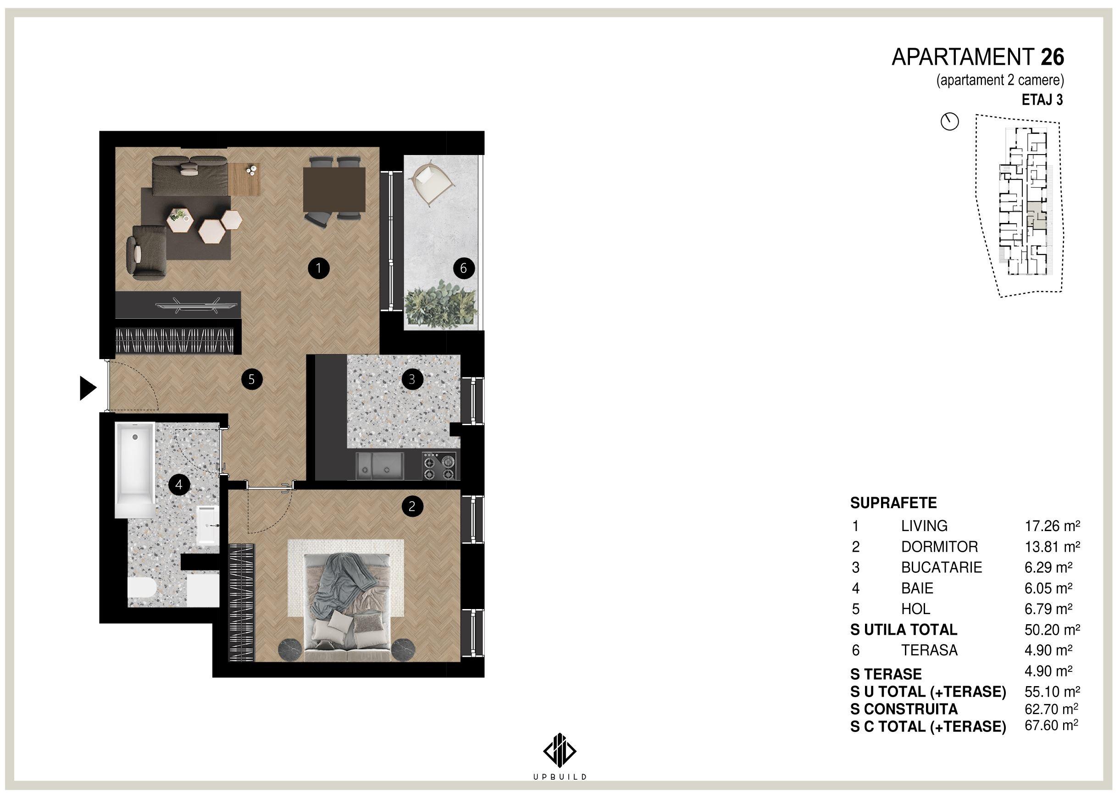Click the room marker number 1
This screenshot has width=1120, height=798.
click(x=318, y=268)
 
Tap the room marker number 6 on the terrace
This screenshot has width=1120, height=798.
click(x=463, y=268)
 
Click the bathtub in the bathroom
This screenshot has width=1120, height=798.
click(x=135, y=470)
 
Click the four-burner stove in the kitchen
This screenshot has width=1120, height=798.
click(x=439, y=466)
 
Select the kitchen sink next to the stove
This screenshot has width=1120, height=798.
click(x=379, y=466)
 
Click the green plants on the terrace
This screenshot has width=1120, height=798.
click(x=441, y=303)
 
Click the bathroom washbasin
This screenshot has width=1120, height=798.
click(x=208, y=525)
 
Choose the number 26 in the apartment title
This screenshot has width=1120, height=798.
click(x=1052, y=57)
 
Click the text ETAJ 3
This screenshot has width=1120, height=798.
click(x=1042, y=100)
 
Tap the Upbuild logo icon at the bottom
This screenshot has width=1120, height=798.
click(x=560, y=750)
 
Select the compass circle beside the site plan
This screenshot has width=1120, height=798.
click(x=949, y=122)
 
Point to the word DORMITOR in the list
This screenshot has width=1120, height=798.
click(x=939, y=547)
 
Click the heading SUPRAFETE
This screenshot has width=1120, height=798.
click(x=893, y=503)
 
